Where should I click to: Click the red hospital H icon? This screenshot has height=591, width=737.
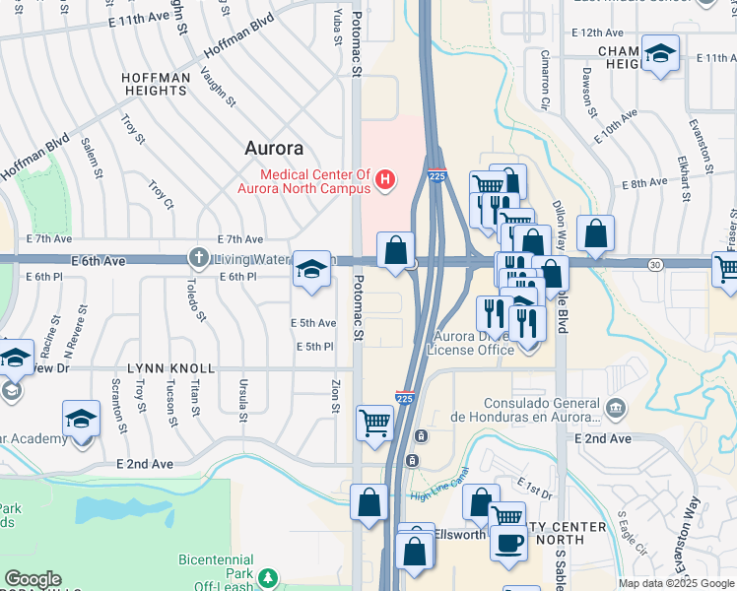(x=386, y=179)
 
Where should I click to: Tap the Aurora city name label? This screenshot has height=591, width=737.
(x=274, y=149)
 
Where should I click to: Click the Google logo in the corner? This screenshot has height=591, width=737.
(x=33, y=579)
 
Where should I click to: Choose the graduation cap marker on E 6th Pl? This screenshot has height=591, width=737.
(x=311, y=269)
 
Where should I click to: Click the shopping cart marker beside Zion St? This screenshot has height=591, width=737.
(x=374, y=423)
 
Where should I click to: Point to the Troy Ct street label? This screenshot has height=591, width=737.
(x=161, y=195)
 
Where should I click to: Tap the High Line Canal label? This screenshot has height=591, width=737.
(x=435, y=489)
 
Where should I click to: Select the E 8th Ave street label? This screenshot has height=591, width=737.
(x=644, y=183)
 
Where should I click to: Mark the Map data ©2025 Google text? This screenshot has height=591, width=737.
(x=676, y=583)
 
